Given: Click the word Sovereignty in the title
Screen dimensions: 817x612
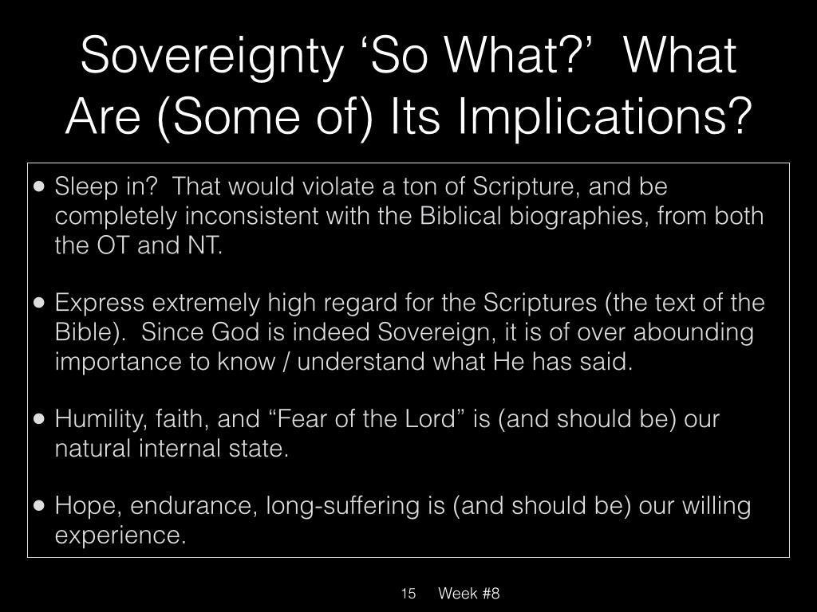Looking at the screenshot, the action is pyautogui.click(x=212, y=57).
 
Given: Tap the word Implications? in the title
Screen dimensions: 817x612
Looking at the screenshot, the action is pyautogui.click(x=605, y=117).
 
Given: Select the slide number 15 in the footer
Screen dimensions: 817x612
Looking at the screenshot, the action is pyautogui.click(x=408, y=593).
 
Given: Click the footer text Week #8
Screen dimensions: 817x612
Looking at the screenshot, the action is pyautogui.click(x=469, y=593).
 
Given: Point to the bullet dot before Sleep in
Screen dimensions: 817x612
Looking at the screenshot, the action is pyautogui.click(x=39, y=186).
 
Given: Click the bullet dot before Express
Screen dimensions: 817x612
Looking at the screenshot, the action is pyautogui.click(x=39, y=303).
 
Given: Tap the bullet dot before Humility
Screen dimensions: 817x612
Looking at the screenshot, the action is pyautogui.click(x=39, y=419).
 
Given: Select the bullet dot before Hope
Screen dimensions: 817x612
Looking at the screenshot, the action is pyautogui.click(x=39, y=506).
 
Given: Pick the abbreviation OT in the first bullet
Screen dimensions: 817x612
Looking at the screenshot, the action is pyautogui.click(x=112, y=245).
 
